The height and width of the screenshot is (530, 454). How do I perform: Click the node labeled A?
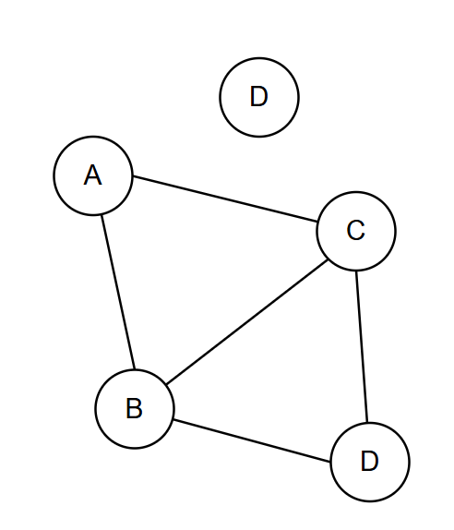click(93, 175)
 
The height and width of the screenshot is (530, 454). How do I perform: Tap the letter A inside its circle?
click(92, 175)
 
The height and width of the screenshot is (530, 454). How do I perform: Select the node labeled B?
click(135, 409)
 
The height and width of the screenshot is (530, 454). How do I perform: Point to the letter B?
click(134, 408)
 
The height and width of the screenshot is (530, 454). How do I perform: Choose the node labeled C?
click(356, 231)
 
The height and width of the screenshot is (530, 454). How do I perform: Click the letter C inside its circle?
click(355, 230)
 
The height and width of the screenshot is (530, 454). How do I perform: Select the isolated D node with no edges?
click(259, 97)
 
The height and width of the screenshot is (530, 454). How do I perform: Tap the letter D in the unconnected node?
click(259, 96)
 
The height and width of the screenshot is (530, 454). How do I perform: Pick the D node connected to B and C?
click(370, 462)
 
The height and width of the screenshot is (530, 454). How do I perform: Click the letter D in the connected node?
click(369, 461)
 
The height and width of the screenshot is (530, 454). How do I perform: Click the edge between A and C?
click(224, 199)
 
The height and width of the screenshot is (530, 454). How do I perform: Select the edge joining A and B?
click(118, 293)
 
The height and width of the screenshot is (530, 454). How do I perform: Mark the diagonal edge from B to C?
click(247, 322)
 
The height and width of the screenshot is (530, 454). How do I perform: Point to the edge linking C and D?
click(362, 346)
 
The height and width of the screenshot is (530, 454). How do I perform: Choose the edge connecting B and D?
click(252, 440)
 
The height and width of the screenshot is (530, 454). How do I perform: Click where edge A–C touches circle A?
click(133, 175)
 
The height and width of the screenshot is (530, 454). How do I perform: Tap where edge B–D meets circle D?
click(330, 462)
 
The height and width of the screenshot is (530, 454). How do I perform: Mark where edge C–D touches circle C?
click(356, 271)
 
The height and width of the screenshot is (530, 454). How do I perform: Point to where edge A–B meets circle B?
click(135, 369)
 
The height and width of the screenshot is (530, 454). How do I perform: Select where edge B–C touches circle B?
click(166, 385)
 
